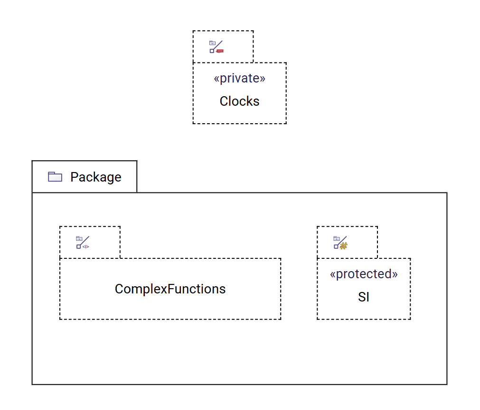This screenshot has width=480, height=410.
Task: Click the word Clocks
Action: (239, 101)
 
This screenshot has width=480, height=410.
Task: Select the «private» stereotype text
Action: (239, 78)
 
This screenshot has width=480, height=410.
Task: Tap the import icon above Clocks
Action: (216, 46)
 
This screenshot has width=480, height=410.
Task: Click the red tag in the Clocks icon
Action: (220, 50)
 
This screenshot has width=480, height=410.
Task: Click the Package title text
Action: (95, 177)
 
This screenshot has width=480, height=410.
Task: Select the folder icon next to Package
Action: (55, 177)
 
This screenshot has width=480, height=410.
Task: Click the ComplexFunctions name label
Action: (170, 289)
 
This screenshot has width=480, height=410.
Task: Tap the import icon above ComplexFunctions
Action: (83, 242)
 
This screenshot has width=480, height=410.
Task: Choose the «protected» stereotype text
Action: (364, 274)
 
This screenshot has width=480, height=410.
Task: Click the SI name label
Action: (364, 297)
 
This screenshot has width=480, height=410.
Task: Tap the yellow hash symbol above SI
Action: (344, 246)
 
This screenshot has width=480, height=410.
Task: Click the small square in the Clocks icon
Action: (212, 51)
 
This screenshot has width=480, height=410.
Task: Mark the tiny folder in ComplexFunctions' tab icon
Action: (79, 238)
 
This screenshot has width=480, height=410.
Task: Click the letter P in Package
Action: (74, 177)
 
